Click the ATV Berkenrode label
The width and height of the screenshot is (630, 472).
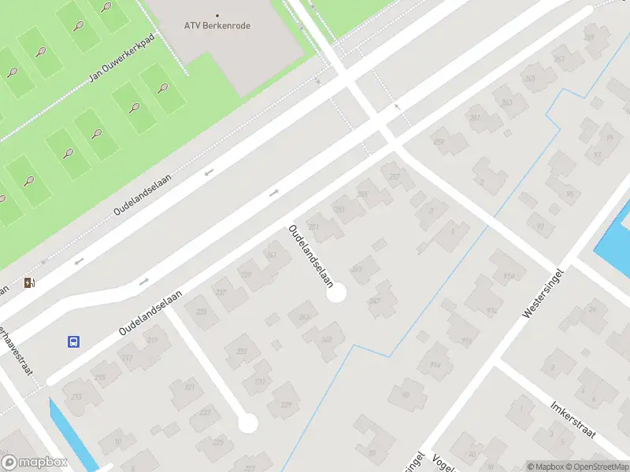coord(217,25)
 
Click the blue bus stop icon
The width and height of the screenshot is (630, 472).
coord(73,341)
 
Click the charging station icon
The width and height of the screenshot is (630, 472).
coord(30,283)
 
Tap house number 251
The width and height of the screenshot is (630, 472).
coord(314,227)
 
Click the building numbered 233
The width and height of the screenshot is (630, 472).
coord(242,352)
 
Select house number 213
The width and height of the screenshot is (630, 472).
coord(77,396)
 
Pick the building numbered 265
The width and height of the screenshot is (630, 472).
coord(529,79)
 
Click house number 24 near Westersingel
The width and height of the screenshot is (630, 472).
coord(592,309)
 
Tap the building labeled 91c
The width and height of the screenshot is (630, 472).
coord(492,311)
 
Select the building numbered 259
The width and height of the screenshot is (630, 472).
coord(439,142)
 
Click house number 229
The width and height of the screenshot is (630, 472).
coord(286,404)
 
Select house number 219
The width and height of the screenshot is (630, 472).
coord(151,341)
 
